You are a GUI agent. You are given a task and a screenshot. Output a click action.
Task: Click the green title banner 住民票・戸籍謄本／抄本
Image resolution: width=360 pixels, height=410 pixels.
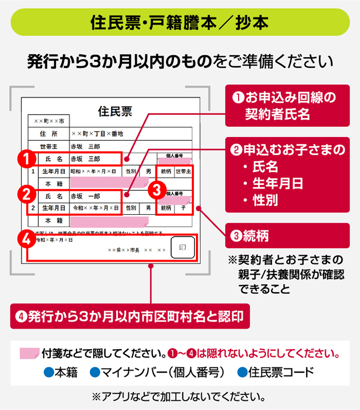(179, 22)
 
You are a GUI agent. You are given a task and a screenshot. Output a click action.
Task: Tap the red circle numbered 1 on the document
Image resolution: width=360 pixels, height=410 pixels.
(27, 159)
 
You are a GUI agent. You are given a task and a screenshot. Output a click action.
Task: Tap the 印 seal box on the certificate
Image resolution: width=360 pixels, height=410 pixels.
(183, 248)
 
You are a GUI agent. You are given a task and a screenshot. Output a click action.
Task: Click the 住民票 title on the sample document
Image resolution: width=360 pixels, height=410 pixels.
(115, 111)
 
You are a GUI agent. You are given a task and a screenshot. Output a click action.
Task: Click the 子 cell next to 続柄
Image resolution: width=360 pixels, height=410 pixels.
(183, 207)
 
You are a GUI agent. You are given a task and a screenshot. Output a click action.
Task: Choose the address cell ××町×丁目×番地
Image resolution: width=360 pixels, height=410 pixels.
(98, 133)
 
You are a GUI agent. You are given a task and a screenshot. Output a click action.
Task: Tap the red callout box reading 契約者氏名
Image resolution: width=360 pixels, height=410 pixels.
(287, 106)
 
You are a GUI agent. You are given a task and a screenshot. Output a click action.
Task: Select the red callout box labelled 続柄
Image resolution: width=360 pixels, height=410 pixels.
(287, 235)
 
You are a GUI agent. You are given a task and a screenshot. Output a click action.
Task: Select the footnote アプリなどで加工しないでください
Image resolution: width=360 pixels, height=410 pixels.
(179, 396)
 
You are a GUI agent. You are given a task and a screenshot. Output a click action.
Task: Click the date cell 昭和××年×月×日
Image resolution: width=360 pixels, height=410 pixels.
(94, 172)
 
